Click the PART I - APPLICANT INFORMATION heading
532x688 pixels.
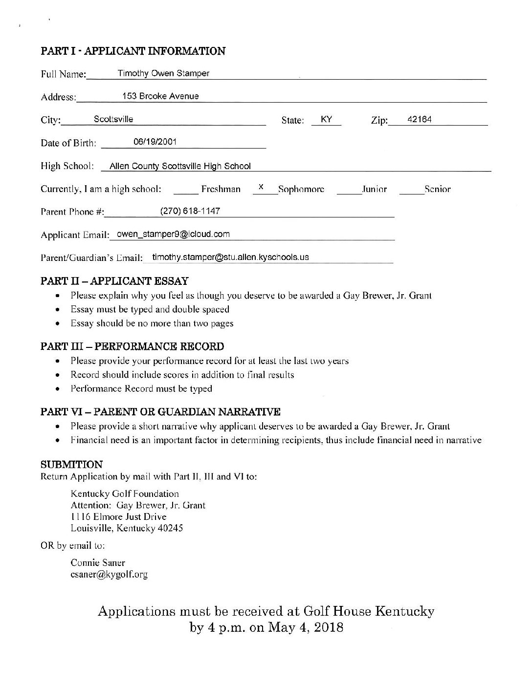pos(133,51)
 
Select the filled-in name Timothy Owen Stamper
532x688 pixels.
pos(163,73)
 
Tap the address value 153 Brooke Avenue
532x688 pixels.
pos(160,96)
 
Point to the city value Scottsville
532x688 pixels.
pos(113,119)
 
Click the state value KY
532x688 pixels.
pos(327,119)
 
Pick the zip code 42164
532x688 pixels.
pos(420,119)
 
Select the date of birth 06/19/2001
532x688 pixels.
pos(155,142)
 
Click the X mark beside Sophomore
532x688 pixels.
pos(262,187)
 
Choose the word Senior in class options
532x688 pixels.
pos(438,189)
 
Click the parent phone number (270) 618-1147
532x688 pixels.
pos(190,211)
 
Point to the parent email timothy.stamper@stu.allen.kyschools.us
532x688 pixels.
pos(230,257)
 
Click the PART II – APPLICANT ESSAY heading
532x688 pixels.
pos(114,281)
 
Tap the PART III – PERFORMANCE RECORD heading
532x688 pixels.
pos(132,346)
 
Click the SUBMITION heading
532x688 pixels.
pos(71,464)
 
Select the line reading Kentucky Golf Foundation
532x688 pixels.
pos(125,494)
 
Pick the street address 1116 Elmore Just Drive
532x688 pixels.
pos(118,516)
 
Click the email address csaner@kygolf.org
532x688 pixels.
pos(109,575)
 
